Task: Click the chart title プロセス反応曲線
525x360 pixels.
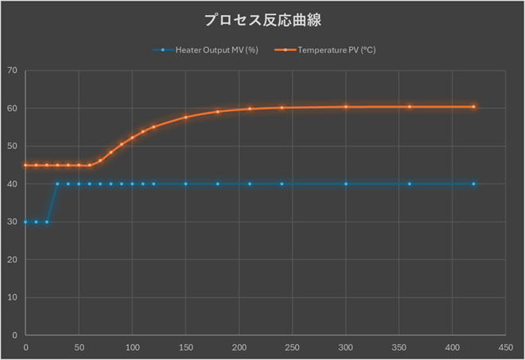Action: pyautogui.click(x=262, y=19)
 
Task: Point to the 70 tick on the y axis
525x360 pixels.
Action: pyautogui.click(x=12, y=71)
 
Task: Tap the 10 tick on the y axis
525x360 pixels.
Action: pyautogui.click(x=12, y=297)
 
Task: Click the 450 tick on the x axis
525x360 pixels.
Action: pyautogui.click(x=505, y=346)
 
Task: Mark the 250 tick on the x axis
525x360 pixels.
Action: pyautogui.click(x=292, y=346)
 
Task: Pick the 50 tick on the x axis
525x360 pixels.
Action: pyautogui.click(x=79, y=346)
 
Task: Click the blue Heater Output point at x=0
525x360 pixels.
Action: pyautogui.click(x=25, y=222)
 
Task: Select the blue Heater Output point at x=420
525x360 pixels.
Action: pyautogui.click(x=473, y=184)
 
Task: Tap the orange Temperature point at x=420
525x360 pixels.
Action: pyautogui.click(x=473, y=106)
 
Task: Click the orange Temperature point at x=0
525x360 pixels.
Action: pyautogui.click(x=25, y=165)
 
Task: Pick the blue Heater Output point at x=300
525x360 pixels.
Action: pyautogui.click(x=345, y=184)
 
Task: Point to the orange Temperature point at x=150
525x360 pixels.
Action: pyautogui.click(x=185, y=118)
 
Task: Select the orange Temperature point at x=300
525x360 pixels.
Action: pyautogui.click(x=345, y=106)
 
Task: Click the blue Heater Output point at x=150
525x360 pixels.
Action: pyautogui.click(x=185, y=184)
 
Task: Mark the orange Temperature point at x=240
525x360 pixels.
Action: pyautogui.click(x=282, y=107)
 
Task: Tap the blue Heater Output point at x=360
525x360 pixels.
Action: pyautogui.click(x=410, y=184)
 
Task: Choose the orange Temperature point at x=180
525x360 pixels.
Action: pyautogui.click(x=217, y=111)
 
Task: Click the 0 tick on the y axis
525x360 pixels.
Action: pyautogui.click(x=14, y=335)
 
